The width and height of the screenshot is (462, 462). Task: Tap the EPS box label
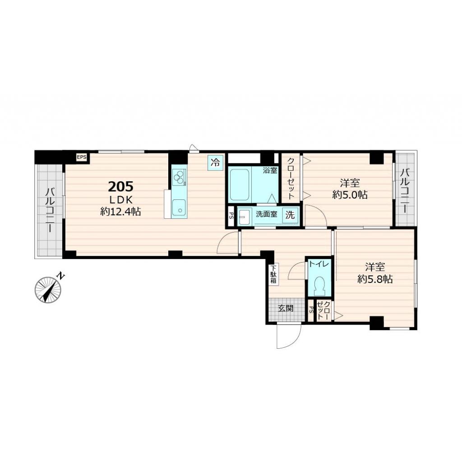81,157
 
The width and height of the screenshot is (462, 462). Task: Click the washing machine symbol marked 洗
289,215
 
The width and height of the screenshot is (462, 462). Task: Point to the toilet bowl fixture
320,285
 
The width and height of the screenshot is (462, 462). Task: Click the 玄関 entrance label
286,309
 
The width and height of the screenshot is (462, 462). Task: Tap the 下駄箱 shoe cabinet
273,274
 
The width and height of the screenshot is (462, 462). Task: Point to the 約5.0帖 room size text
350,195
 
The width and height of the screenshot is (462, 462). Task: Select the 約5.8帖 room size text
374,279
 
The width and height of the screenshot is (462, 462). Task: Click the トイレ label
319,265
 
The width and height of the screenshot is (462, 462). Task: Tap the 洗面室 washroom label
267,215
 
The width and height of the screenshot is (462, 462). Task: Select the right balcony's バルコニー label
405,191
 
